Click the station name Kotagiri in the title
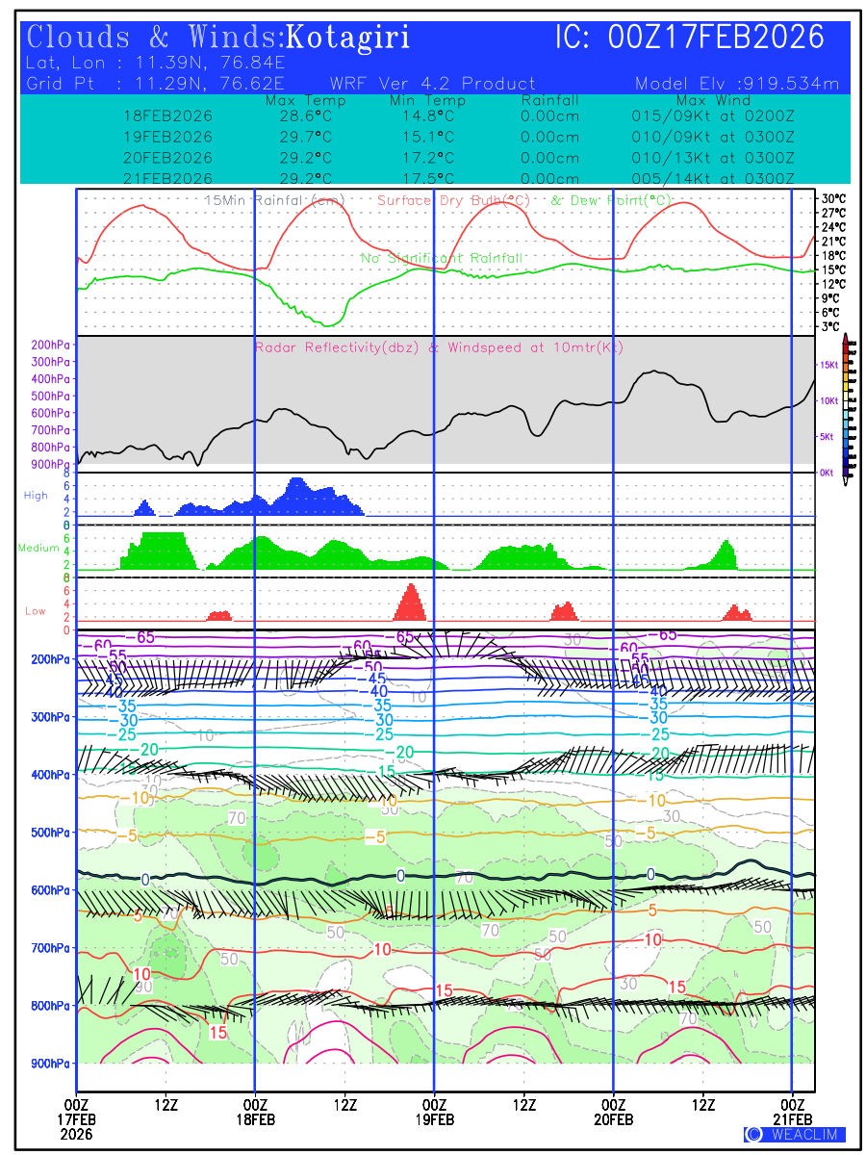pyautogui.click(x=349, y=38)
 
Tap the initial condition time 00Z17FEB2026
pyautogui.click(x=717, y=38)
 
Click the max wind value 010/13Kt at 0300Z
pyautogui.click(x=707, y=158)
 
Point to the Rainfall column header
pyautogui.click(x=549, y=101)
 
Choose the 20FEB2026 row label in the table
pyautogui.click(x=167, y=158)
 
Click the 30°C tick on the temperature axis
pyautogui.click(x=833, y=198)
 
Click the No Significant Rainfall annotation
pyautogui.click(x=442, y=259)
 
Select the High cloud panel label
pyautogui.click(x=36, y=496)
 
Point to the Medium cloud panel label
pyautogui.click(x=38, y=549)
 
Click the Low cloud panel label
pyautogui.click(x=36, y=611)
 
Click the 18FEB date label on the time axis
pyautogui.click(x=255, y=1120)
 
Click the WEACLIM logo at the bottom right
pyautogui.click(x=795, y=1134)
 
